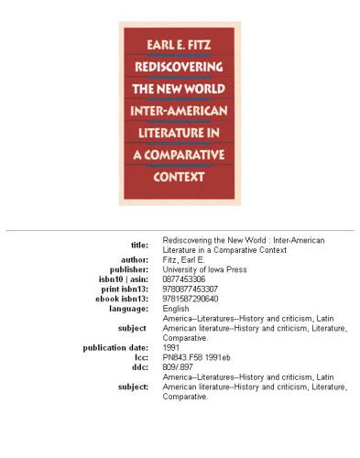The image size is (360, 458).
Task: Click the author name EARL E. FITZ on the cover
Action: tap(180, 42)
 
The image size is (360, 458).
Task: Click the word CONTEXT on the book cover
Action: tap(180, 177)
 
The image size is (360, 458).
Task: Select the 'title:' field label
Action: tap(134, 245)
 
